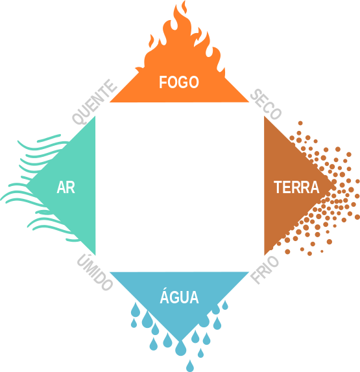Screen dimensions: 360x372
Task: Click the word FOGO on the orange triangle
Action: click(179, 82)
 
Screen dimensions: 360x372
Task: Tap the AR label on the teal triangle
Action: click(66, 187)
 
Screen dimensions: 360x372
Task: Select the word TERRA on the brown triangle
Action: click(296, 187)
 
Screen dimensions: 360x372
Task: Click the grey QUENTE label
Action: click(95, 102)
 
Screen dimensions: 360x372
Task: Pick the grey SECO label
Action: click(266, 104)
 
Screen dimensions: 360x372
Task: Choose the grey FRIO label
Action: click(265, 270)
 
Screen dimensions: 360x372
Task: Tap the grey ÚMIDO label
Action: click(95, 272)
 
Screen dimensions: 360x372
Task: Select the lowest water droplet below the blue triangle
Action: click(190, 366)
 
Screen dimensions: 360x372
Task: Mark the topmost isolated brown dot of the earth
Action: click(300, 123)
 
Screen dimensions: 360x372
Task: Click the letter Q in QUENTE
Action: click(78, 119)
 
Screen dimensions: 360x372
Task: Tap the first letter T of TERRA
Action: click(278, 187)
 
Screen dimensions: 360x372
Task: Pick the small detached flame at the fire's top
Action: click(184, 7)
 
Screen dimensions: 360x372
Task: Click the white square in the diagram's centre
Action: click(180, 187)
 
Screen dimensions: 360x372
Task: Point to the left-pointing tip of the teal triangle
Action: click(27, 185)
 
